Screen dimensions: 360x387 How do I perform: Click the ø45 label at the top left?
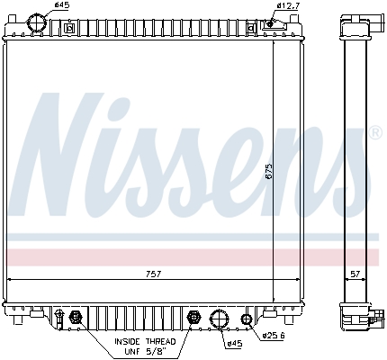pyautogui.click(x=62, y=6)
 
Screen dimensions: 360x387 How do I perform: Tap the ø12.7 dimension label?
pyautogui.click(x=289, y=6)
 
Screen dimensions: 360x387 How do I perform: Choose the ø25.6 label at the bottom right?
pyautogui.click(x=274, y=337)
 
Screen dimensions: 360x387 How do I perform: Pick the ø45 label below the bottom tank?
pyautogui.click(x=233, y=343)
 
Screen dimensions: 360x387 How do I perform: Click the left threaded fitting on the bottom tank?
pyautogui.click(x=76, y=317)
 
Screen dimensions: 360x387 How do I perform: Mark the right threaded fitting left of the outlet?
pyautogui.click(x=193, y=317)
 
